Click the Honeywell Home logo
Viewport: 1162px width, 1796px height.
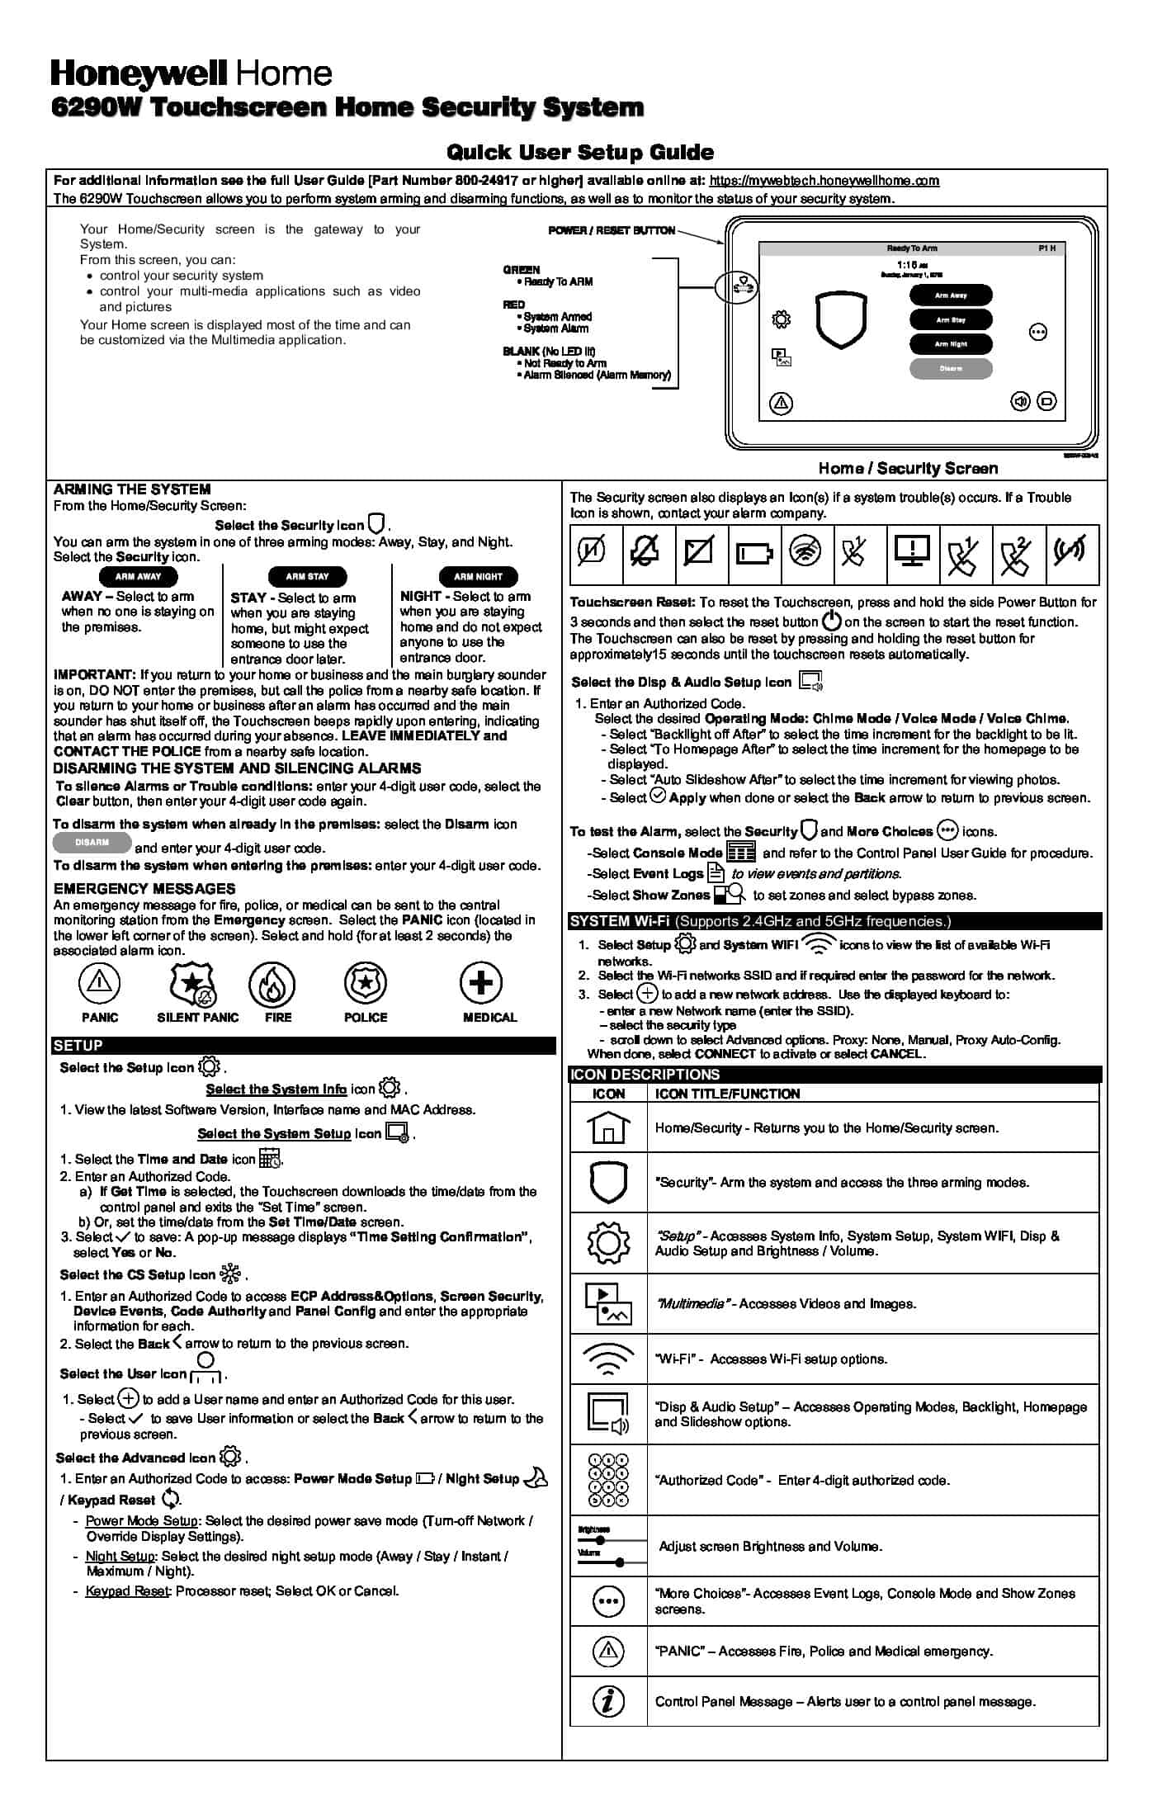pyautogui.click(x=191, y=74)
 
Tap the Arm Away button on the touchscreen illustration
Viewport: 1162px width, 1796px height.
pyautogui.click(x=951, y=295)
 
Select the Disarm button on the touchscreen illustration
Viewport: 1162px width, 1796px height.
pyautogui.click(x=951, y=369)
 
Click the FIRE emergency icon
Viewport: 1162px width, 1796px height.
pyautogui.click(x=272, y=984)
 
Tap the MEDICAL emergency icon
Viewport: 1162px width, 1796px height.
pyautogui.click(x=481, y=983)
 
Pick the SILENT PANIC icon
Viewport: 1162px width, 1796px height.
pyautogui.click(x=192, y=984)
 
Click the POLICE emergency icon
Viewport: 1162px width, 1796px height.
pyautogui.click(x=366, y=983)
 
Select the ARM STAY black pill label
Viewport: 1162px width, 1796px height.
pyautogui.click(x=307, y=577)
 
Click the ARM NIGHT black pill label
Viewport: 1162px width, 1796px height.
pyautogui.click(x=478, y=577)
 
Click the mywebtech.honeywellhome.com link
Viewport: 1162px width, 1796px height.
pyautogui.click(x=824, y=181)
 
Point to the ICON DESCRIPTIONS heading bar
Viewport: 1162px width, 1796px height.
pyautogui.click(x=835, y=1075)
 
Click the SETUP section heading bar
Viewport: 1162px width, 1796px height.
pyautogui.click(x=304, y=1046)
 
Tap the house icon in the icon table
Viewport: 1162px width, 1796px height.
pyautogui.click(x=608, y=1127)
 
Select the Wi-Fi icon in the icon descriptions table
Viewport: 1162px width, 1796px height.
pyautogui.click(x=608, y=1359)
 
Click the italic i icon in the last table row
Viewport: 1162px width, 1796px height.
pyautogui.click(x=608, y=1701)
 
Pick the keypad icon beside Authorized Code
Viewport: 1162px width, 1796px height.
pyautogui.click(x=608, y=1481)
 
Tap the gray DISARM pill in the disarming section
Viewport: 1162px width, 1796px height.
pyautogui.click(x=92, y=843)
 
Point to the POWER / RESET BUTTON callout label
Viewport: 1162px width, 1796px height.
pyautogui.click(x=612, y=230)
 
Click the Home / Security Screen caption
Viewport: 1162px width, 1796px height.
pyautogui.click(x=908, y=469)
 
